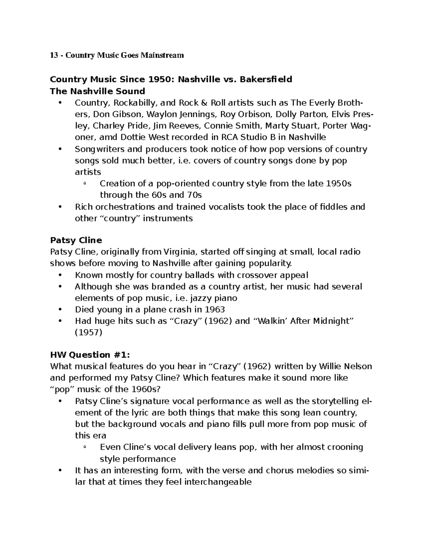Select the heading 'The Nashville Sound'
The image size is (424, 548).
98,91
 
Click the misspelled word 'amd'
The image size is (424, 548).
110,137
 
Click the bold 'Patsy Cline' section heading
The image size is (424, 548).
76,240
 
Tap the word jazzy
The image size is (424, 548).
202,298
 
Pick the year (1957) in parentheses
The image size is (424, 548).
88,332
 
